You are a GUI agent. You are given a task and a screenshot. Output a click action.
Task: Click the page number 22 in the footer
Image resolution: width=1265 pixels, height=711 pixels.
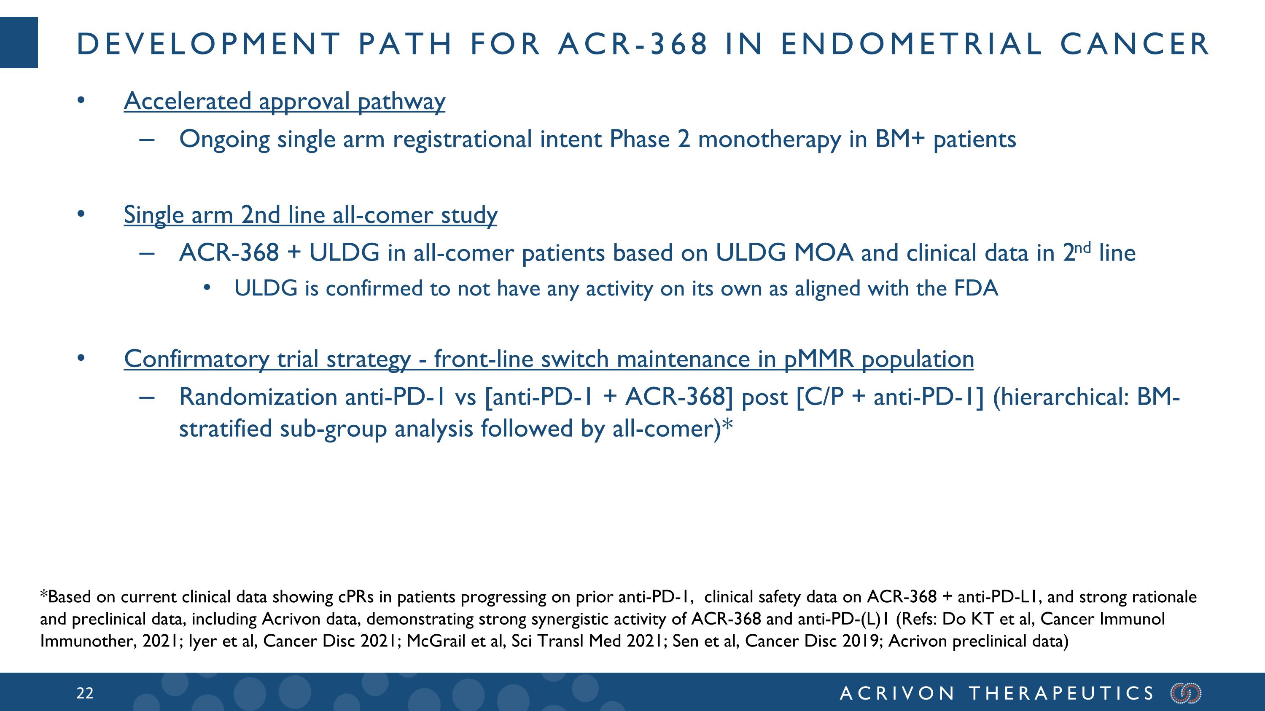click(x=84, y=693)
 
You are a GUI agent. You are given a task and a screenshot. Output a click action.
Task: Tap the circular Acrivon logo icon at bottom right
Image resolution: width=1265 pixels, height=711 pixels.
click(x=1186, y=693)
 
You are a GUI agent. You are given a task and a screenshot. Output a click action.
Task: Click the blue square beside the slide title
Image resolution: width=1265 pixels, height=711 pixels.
click(x=19, y=43)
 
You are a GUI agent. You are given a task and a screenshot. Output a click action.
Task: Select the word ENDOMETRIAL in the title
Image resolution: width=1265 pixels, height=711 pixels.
click(x=911, y=44)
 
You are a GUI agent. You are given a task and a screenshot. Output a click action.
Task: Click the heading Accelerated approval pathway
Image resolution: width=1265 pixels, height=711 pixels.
click(x=284, y=101)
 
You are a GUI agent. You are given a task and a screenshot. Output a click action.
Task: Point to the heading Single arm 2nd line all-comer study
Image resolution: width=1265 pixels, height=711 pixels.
click(x=310, y=215)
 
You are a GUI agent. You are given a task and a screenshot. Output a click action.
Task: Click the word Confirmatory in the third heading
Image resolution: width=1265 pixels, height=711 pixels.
click(x=196, y=359)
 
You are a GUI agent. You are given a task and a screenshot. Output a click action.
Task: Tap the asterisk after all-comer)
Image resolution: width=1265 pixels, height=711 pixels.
click(x=727, y=424)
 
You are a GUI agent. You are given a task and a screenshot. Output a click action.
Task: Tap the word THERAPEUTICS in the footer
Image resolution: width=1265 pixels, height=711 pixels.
click(x=1061, y=693)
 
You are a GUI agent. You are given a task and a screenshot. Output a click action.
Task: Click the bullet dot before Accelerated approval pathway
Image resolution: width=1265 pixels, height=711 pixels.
click(x=81, y=101)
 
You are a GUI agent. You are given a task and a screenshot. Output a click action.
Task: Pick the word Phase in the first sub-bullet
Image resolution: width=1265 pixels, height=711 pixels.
click(x=639, y=140)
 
